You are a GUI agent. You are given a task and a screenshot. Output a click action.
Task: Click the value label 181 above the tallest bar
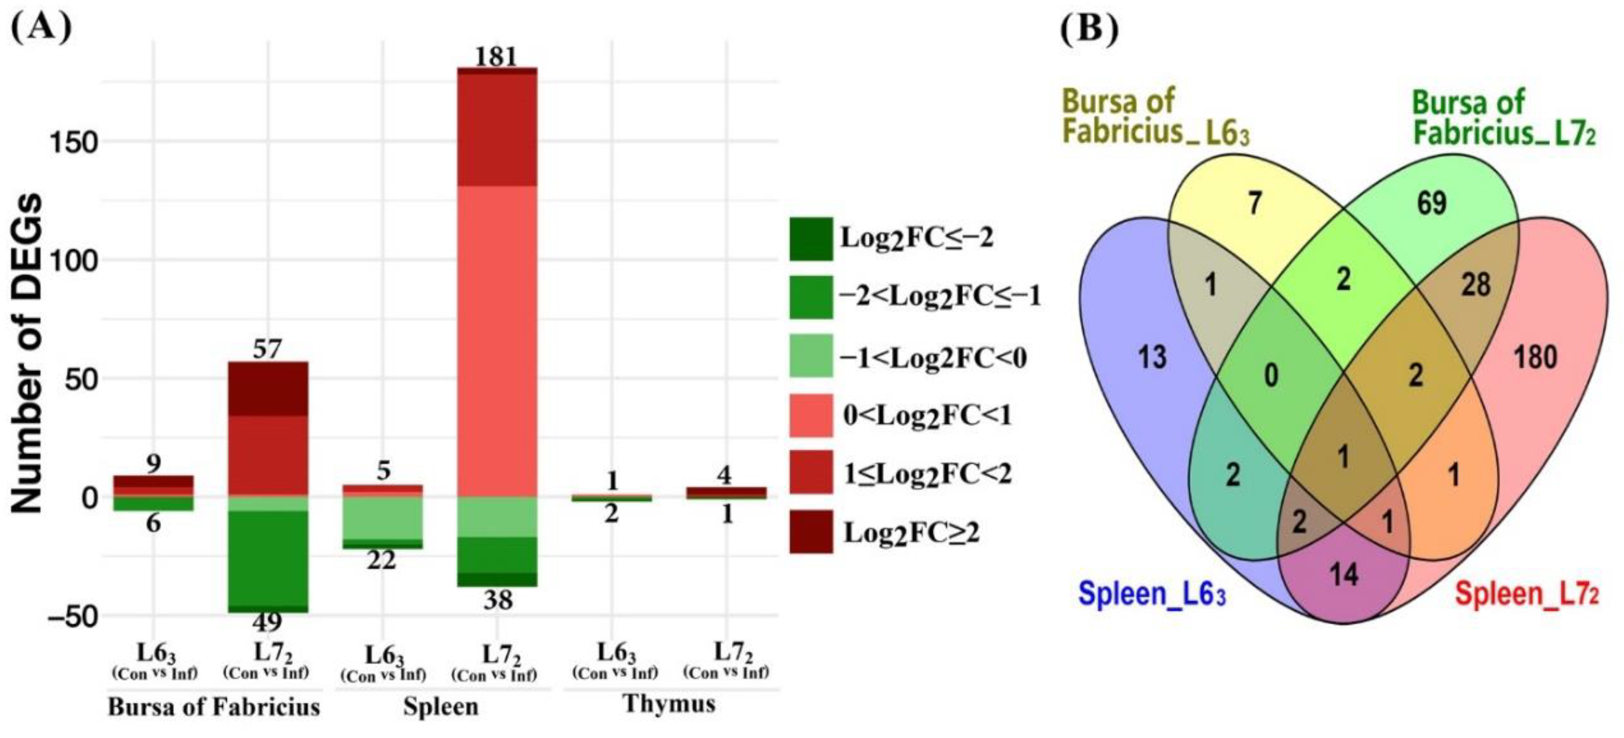[x=496, y=57]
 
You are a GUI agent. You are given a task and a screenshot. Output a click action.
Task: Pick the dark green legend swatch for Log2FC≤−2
[x=811, y=239]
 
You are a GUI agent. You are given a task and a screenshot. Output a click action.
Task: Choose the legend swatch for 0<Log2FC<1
[x=811, y=416]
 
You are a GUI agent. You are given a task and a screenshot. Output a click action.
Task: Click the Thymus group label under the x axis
[x=669, y=703]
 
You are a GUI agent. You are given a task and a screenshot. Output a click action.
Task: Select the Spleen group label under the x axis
[x=441, y=707]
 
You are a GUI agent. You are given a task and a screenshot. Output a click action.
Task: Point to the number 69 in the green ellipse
[x=1431, y=203]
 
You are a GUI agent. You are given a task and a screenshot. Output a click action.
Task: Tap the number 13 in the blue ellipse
[x=1152, y=357]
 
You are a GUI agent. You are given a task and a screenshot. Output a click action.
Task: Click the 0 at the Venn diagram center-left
[x=1272, y=376]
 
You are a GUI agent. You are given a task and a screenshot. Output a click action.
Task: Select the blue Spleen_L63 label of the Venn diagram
[x=1152, y=594]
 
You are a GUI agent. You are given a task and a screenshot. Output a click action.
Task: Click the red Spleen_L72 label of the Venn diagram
[x=1527, y=594]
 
